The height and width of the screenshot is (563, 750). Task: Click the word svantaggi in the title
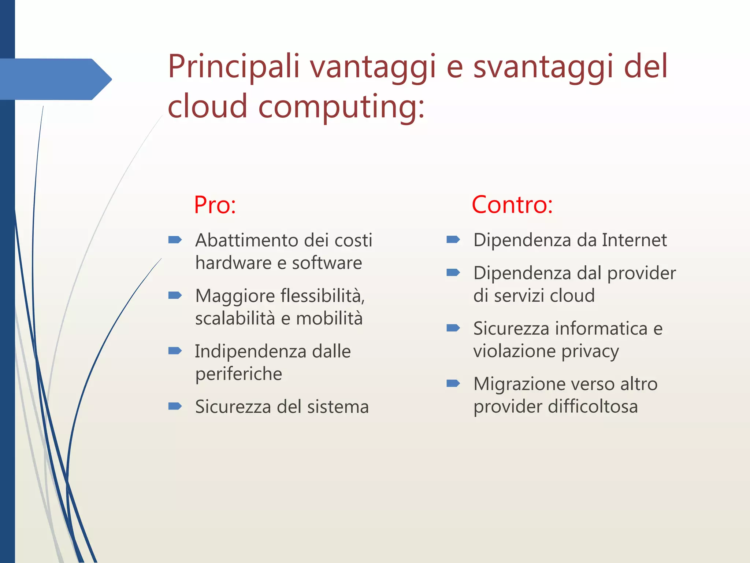[x=542, y=67]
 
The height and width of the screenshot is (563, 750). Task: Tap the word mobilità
[x=329, y=318]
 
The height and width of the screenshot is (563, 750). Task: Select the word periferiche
[x=238, y=374]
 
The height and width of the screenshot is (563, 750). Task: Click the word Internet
[x=634, y=240]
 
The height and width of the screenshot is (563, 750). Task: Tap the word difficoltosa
[x=593, y=406]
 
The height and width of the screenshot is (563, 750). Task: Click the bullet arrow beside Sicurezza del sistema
[x=175, y=406]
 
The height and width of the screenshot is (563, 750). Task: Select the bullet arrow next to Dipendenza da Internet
[x=453, y=240]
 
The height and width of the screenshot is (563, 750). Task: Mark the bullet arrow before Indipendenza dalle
[x=175, y=351]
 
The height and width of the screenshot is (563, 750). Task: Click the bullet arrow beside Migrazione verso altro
[x=453, y=383]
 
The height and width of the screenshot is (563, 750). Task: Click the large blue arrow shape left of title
[x=55, y=79]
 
